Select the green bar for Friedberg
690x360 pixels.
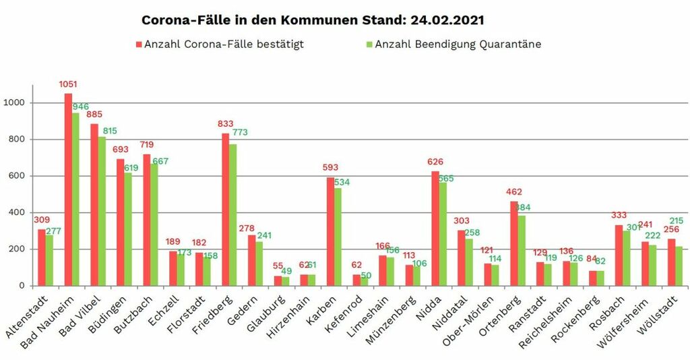233,215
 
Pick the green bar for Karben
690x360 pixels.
338,237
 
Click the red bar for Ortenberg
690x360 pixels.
514,243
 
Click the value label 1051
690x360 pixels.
68,85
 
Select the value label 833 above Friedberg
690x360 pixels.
226,124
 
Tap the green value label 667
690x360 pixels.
160,160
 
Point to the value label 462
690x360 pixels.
514,192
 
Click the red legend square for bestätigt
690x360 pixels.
139,44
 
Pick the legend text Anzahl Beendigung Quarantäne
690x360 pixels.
458,44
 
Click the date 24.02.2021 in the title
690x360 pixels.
445,20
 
